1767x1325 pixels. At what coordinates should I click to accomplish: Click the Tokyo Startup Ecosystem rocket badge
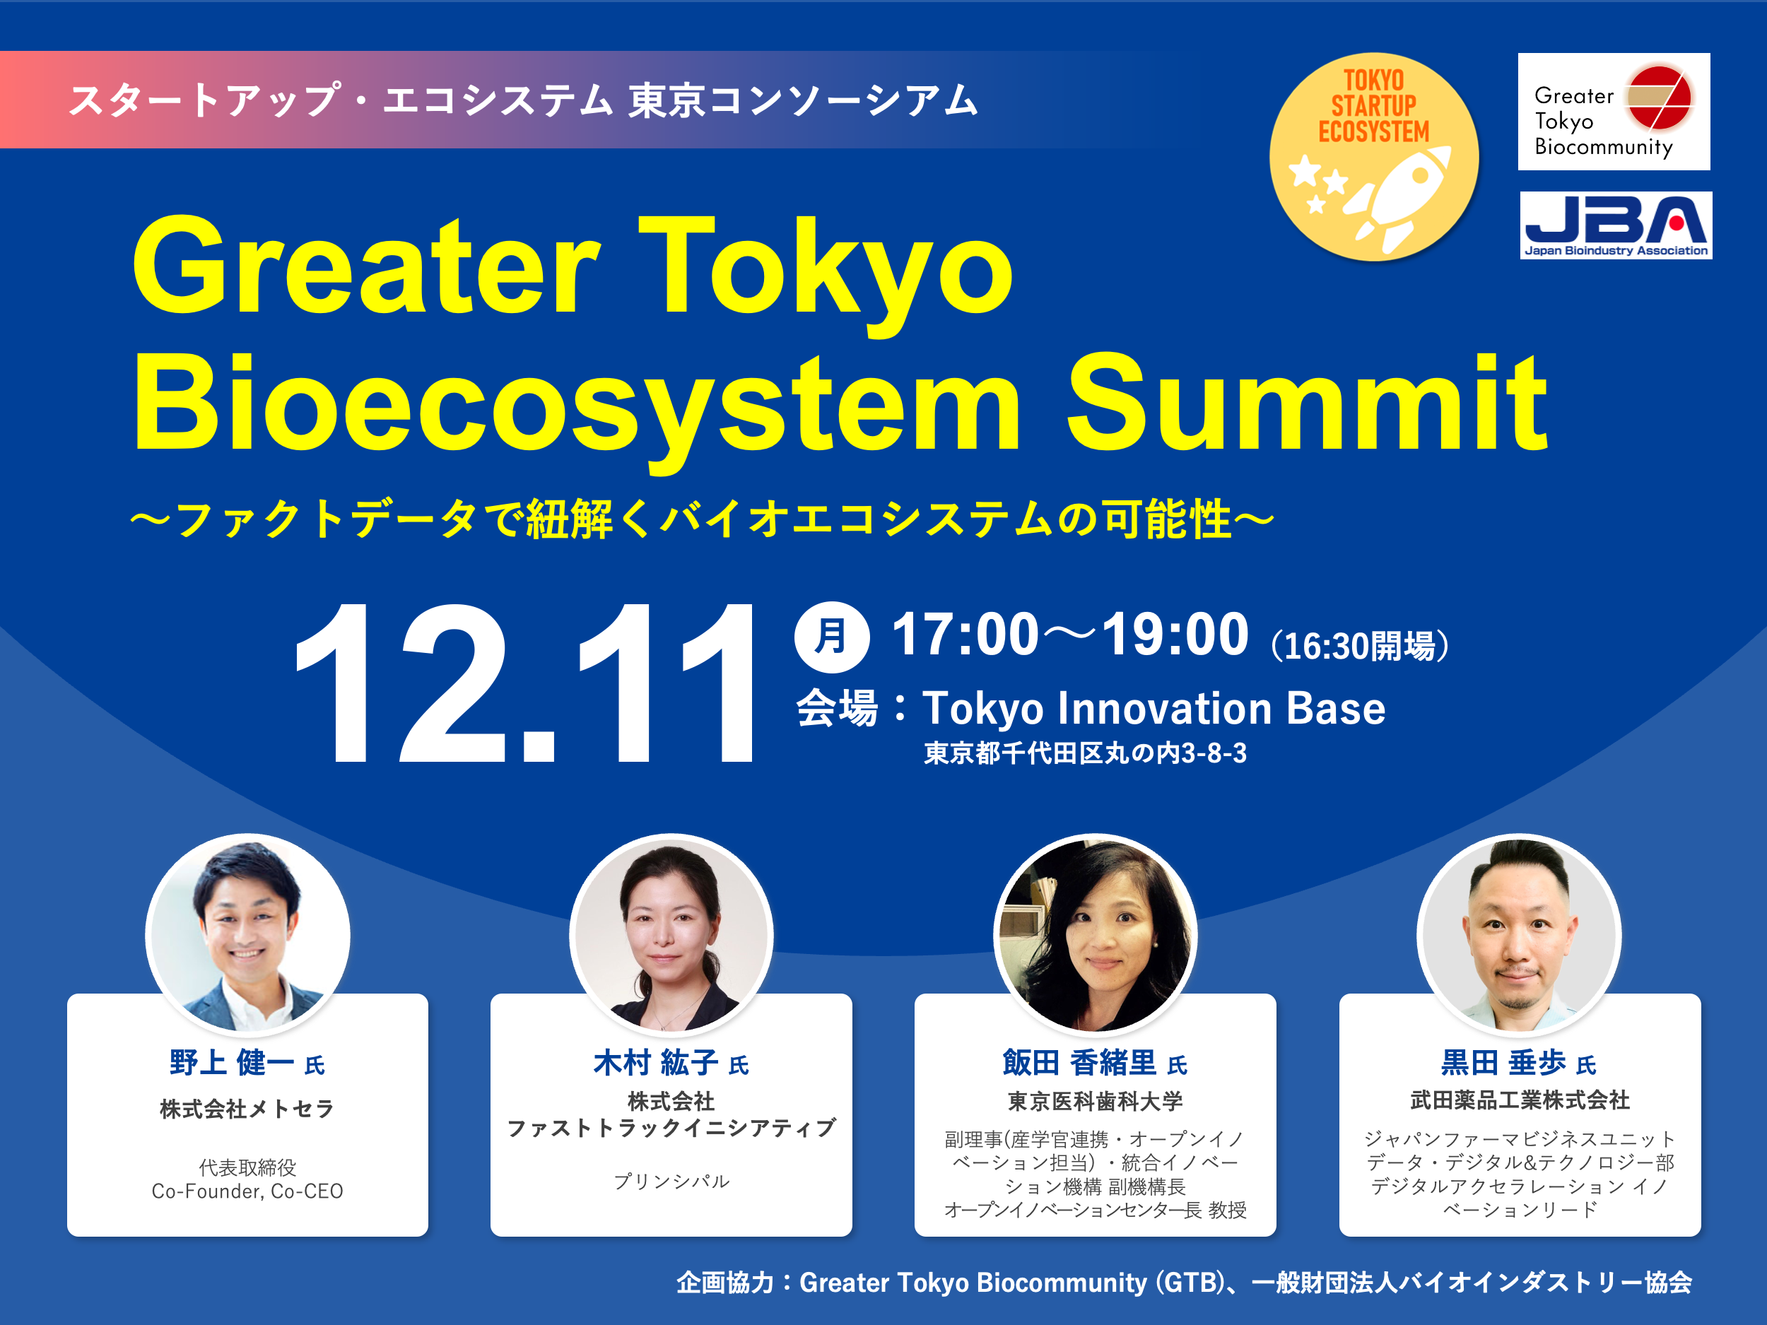click(1373, 158)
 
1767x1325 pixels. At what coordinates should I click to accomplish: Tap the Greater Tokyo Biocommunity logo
click(1613, 112)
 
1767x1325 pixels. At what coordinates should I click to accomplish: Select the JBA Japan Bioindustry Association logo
click(1615, 225)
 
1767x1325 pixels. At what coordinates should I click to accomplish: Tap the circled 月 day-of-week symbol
click(832, 637)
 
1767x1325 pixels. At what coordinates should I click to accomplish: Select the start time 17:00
click(965, 635)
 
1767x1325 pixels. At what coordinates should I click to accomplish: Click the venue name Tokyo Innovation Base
click(1153, 708)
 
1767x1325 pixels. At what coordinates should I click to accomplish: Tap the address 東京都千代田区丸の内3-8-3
click(1085, 753)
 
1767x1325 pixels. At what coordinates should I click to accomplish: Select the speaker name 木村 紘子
click(656, 1063)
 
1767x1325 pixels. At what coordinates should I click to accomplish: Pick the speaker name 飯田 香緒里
click(1079, 1063)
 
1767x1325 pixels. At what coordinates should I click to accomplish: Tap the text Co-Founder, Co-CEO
click(247, 1191)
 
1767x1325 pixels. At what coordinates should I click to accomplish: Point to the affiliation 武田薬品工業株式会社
click(1520, 1100)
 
